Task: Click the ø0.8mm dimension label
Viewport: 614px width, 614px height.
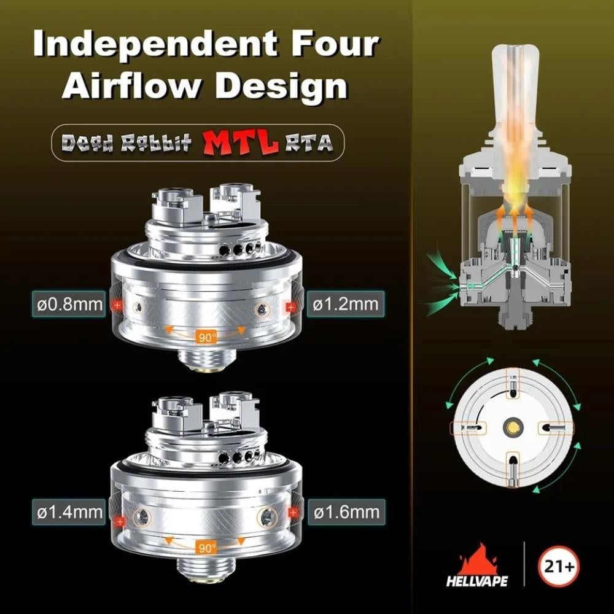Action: pos(69,305)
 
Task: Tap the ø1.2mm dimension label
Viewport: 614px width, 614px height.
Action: pos(345,305)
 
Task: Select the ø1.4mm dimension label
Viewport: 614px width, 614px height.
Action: pos(69,512)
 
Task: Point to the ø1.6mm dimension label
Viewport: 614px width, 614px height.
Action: pos(346,512)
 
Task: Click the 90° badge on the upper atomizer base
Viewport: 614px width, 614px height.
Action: pos(206,336)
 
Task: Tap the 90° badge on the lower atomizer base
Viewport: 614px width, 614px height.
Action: pos(206,548)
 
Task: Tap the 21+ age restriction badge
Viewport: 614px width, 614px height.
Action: pos(558,566)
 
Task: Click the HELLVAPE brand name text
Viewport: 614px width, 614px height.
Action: pos(477,581)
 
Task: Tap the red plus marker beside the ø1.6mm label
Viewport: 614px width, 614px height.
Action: pos(293,513)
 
